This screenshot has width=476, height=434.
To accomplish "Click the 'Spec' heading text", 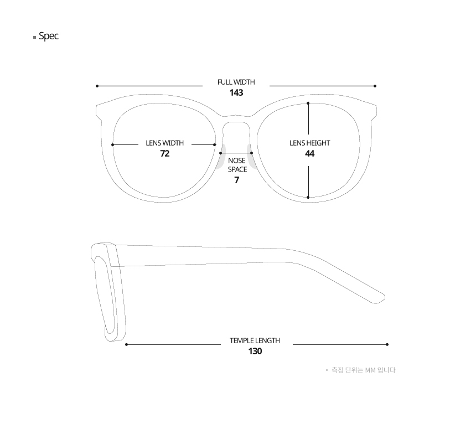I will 49,37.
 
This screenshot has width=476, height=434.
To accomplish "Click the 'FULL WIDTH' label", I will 236,82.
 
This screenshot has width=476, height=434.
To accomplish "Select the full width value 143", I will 236,92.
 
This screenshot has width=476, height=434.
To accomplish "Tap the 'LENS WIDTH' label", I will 164,143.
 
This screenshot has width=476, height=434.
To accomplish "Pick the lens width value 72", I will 164,153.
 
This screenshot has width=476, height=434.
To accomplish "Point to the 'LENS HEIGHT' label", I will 309,143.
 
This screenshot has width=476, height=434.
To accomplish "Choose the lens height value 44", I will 309,153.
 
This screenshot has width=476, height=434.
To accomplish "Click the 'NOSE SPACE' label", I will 237,165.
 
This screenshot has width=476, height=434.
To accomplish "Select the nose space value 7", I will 236,180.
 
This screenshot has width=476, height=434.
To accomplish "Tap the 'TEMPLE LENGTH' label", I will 255,340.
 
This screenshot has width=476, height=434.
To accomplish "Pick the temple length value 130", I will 255,351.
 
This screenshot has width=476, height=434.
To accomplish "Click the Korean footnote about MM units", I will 363,370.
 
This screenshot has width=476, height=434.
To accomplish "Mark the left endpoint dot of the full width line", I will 97,86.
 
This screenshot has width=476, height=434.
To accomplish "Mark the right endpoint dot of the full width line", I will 375,86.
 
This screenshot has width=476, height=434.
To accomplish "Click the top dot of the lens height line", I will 308,103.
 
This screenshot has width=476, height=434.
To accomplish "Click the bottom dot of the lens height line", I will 308,197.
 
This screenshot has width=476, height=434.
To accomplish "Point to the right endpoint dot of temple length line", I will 387,344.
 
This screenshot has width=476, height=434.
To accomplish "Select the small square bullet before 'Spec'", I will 35,38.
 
